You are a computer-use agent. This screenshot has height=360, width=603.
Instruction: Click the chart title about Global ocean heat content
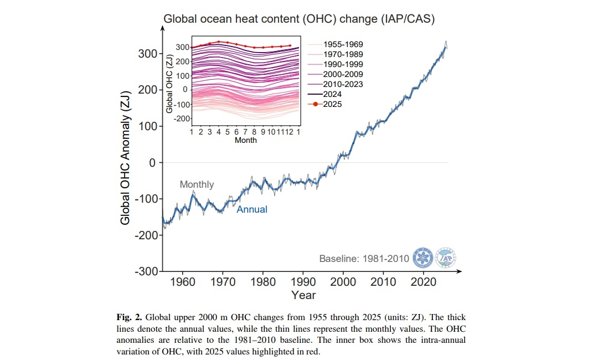coord(299,19)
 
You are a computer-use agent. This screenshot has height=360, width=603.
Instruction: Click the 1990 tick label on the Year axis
coord(303,281)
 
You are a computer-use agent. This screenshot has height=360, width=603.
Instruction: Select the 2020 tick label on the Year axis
coord(424,281)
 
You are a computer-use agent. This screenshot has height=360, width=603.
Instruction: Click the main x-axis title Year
coord(303,295)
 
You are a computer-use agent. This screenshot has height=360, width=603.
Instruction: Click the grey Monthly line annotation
coord(197,184)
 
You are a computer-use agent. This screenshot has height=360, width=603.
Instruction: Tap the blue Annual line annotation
coord(252,209)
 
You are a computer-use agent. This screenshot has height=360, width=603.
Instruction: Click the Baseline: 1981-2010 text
coord(364,259)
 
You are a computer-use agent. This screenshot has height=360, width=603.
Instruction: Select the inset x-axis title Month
coord(245,140)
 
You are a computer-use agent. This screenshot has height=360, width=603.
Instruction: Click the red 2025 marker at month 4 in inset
coord(219,42)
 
